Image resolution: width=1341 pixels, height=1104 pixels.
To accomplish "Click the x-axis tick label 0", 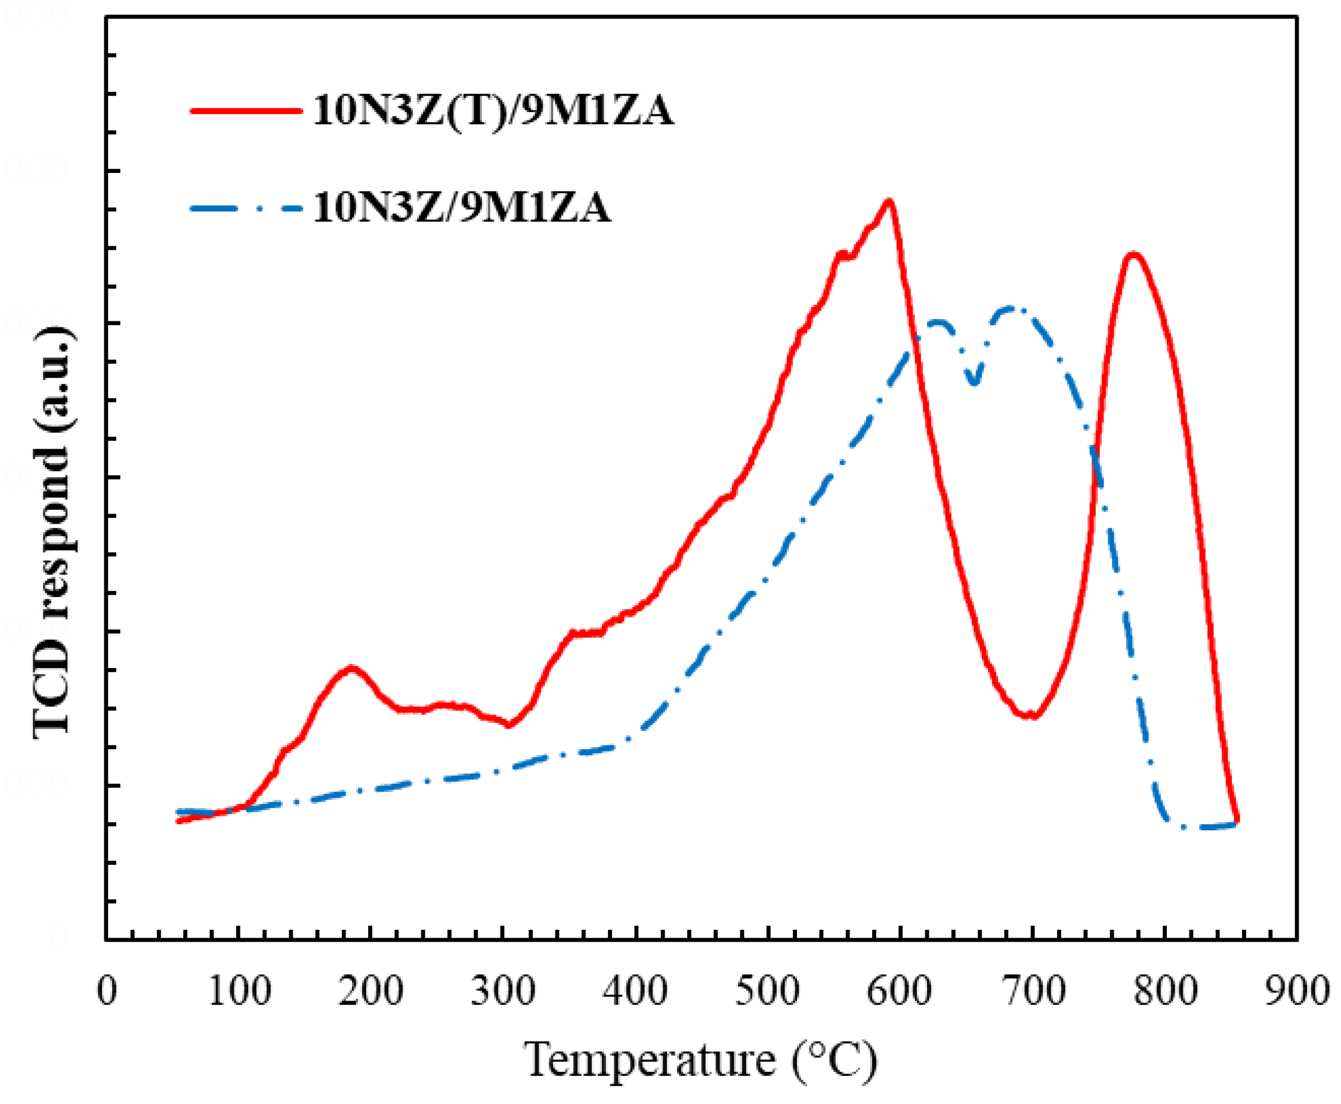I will pos(107,991).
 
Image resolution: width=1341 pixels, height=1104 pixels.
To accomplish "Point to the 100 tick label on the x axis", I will pos(239,991).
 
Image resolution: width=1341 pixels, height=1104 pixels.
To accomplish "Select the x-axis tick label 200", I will pos(371,991).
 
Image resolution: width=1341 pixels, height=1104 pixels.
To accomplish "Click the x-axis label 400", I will pos(635,991).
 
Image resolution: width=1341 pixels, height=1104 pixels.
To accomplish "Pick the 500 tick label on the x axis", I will pos(768,991).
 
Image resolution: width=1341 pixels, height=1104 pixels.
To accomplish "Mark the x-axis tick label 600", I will pos(900,991).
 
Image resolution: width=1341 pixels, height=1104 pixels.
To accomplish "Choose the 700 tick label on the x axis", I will pos(1033,991).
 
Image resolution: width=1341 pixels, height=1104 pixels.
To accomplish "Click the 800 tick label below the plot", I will pos(1165,991).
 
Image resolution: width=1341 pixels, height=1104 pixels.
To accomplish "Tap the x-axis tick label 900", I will pos(1297,991).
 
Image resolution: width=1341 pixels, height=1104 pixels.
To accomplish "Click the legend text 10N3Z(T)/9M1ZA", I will pos(493,111).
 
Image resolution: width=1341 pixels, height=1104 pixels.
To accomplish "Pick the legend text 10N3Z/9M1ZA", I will pos(462,208).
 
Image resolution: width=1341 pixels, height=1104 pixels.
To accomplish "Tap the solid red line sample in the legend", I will pos(246,111).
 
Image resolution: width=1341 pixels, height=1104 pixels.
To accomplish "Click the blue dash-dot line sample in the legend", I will pos(246,208).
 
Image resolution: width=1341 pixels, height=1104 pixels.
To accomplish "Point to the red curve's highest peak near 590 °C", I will pos(888,202).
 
